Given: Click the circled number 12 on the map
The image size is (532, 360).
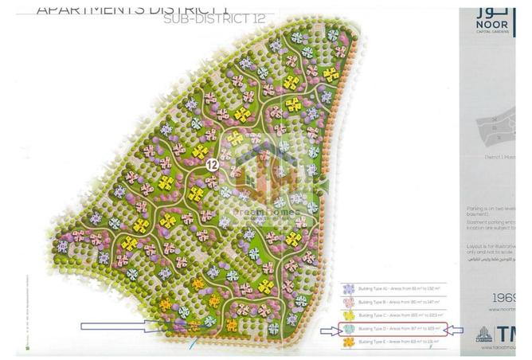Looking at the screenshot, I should tap(211, 165).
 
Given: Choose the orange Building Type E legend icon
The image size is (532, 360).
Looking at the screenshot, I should tap(348, 342).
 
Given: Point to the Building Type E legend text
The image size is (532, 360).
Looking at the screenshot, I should tap(399, 342).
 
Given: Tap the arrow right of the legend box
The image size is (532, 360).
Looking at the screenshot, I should tap(456, 330).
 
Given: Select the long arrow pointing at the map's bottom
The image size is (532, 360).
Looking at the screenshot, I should tap(119, 325).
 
